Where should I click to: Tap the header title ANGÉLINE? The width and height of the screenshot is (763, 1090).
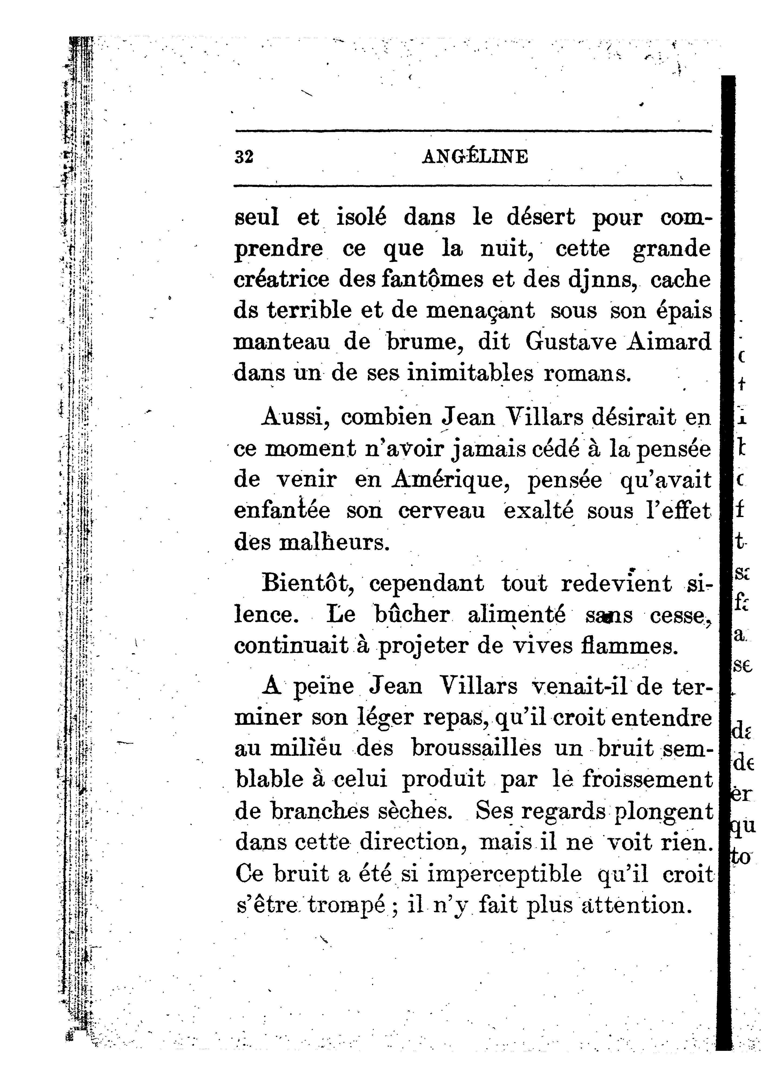click(474, 157)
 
